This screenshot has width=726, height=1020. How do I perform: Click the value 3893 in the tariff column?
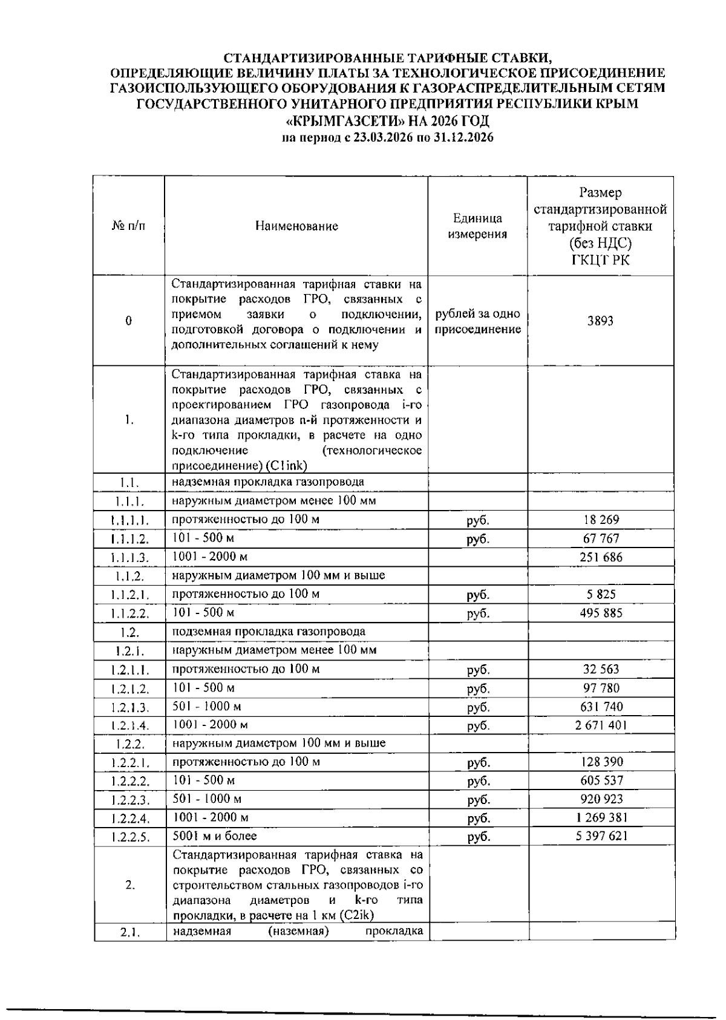click(x=600, y=321)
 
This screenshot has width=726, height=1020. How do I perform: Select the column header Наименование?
click(x=296, y=226)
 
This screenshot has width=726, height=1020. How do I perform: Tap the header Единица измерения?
click(x=477, y=226)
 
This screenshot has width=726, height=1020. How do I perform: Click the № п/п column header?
click(x=128, y=226)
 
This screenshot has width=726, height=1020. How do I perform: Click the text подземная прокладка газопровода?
click(x=269, y=632)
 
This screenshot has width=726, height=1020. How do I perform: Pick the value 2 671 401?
click(x=601, y=725)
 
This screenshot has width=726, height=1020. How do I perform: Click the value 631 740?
click(x=601, y=707)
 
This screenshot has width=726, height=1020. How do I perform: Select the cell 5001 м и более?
click(x=215, y=836)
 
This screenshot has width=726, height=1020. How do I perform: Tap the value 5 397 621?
click(x=601, y=836)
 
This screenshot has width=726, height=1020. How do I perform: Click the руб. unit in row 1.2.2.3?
click(x=479, y=800)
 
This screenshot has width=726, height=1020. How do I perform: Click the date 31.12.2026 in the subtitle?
click(x=463, y=137)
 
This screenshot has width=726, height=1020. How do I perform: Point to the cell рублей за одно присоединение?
click(x=477, y=321)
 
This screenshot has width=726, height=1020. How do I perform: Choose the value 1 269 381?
click(x=601, y=818)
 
